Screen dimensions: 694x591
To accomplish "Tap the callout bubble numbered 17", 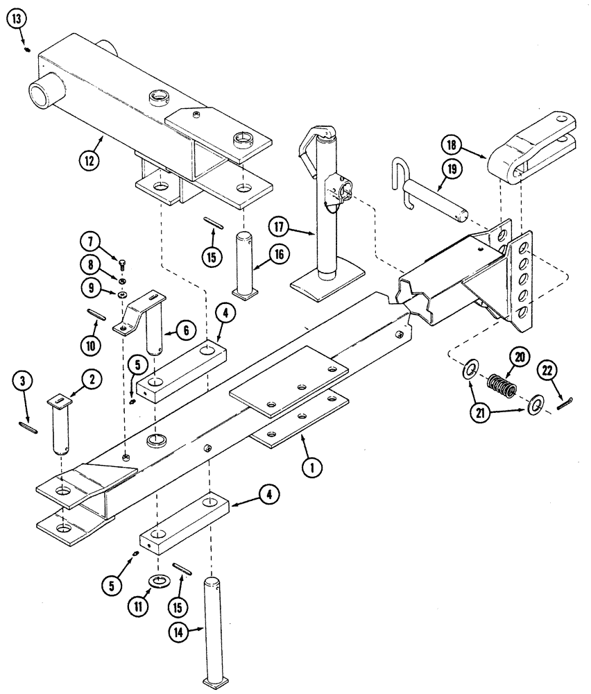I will pyautogui.click(x=278, y=226).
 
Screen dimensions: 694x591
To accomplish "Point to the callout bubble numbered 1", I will pyautogui.click(x=312, y=468).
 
